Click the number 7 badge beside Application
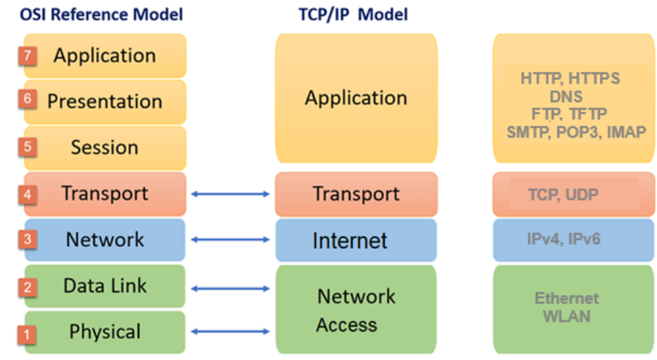28,56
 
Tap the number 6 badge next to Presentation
28,100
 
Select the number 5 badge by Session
28,147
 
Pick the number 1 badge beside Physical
27,335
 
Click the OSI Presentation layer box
105,101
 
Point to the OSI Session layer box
105,148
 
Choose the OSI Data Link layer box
105,286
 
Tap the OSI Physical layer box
105,332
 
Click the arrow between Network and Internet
230,239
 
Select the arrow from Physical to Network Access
230,332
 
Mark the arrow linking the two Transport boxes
230,194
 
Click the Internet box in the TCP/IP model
356,240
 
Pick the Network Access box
356,310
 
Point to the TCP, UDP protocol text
563,195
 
